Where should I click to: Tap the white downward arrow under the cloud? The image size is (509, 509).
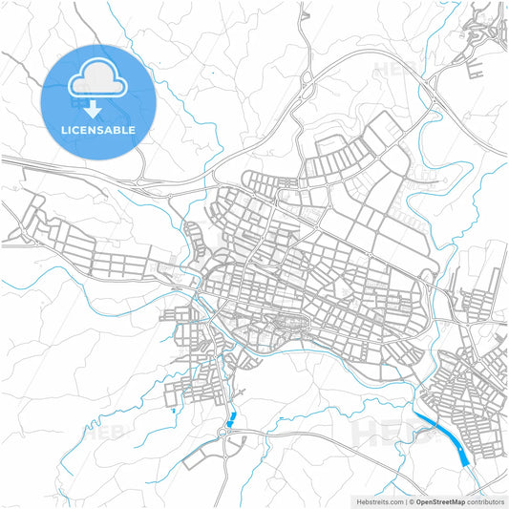(x=98, y=107)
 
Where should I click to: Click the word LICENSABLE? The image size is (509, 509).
(x=98, y=130)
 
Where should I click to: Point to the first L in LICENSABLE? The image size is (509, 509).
(x=64, y=130)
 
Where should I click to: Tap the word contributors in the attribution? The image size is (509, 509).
(x=485, y=500)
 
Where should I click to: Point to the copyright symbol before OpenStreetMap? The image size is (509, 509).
(x=412, y=500)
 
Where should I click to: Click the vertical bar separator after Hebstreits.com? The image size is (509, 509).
(x=404, y=500)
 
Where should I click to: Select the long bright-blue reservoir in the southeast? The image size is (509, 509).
(x=441, y=435)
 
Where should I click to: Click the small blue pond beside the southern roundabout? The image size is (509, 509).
(x=231, y=418)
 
